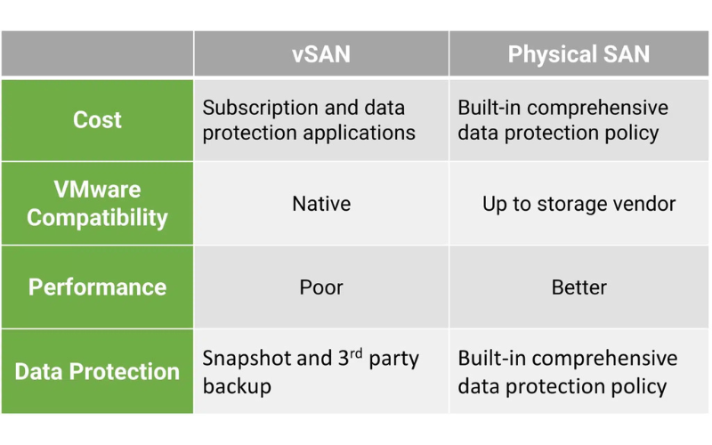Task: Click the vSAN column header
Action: [x=321, y=54]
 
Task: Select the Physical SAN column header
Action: [x=579, y=54]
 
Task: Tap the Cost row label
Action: [x=97, y=120]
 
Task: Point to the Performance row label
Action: [x=97, y=287]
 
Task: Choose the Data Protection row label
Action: [x=97, y=371]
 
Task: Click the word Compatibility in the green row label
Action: [x=97, y=217]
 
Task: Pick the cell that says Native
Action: [x=321, y=204]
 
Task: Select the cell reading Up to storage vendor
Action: [x=579, y=204]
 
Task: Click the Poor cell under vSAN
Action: [x=321, y=287]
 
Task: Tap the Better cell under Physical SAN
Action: [x=579, y=287]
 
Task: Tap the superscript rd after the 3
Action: [x=356, y=352]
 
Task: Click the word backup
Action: [x=237, y=386]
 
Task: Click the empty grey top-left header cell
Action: [x=97, y=53]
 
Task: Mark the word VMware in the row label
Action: [x=97, y=190]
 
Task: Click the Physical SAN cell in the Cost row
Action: [x=579, y=120]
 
